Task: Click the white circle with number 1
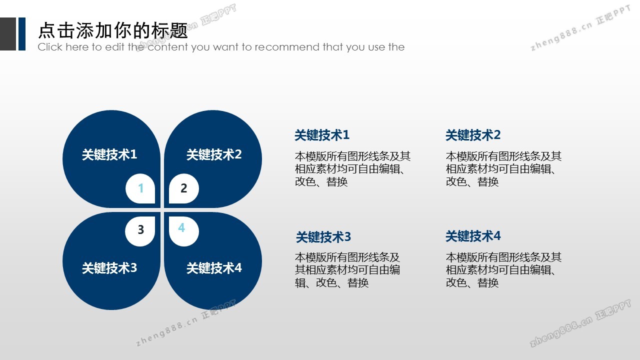tap(140, 188)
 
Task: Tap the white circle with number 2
tap(183, 188)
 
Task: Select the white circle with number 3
tap(140, 231)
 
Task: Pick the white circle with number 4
tap(183, 231)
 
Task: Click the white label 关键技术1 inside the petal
tap(109, 154)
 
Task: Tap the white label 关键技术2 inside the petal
tap(214, 154)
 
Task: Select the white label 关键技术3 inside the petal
tap(109, 268)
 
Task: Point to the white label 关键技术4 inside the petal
tap(214, 268)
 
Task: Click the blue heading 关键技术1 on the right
tap(322, 135)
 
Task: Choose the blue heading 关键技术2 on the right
tap(473, 135)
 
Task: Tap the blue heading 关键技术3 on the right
tap(323, 237)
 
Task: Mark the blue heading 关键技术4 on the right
tap(473, 236)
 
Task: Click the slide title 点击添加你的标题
tap(113, 30)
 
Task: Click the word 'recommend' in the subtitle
tap(287, 47)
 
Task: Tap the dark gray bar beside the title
tap(8, 34)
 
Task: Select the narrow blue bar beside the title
tap(22, 34)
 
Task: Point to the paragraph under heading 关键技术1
tap(353, 169)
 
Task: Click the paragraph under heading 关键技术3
tap(347, 270)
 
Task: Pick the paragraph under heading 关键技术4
tap(503, 270)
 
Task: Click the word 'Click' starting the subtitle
tap(50, 47)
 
